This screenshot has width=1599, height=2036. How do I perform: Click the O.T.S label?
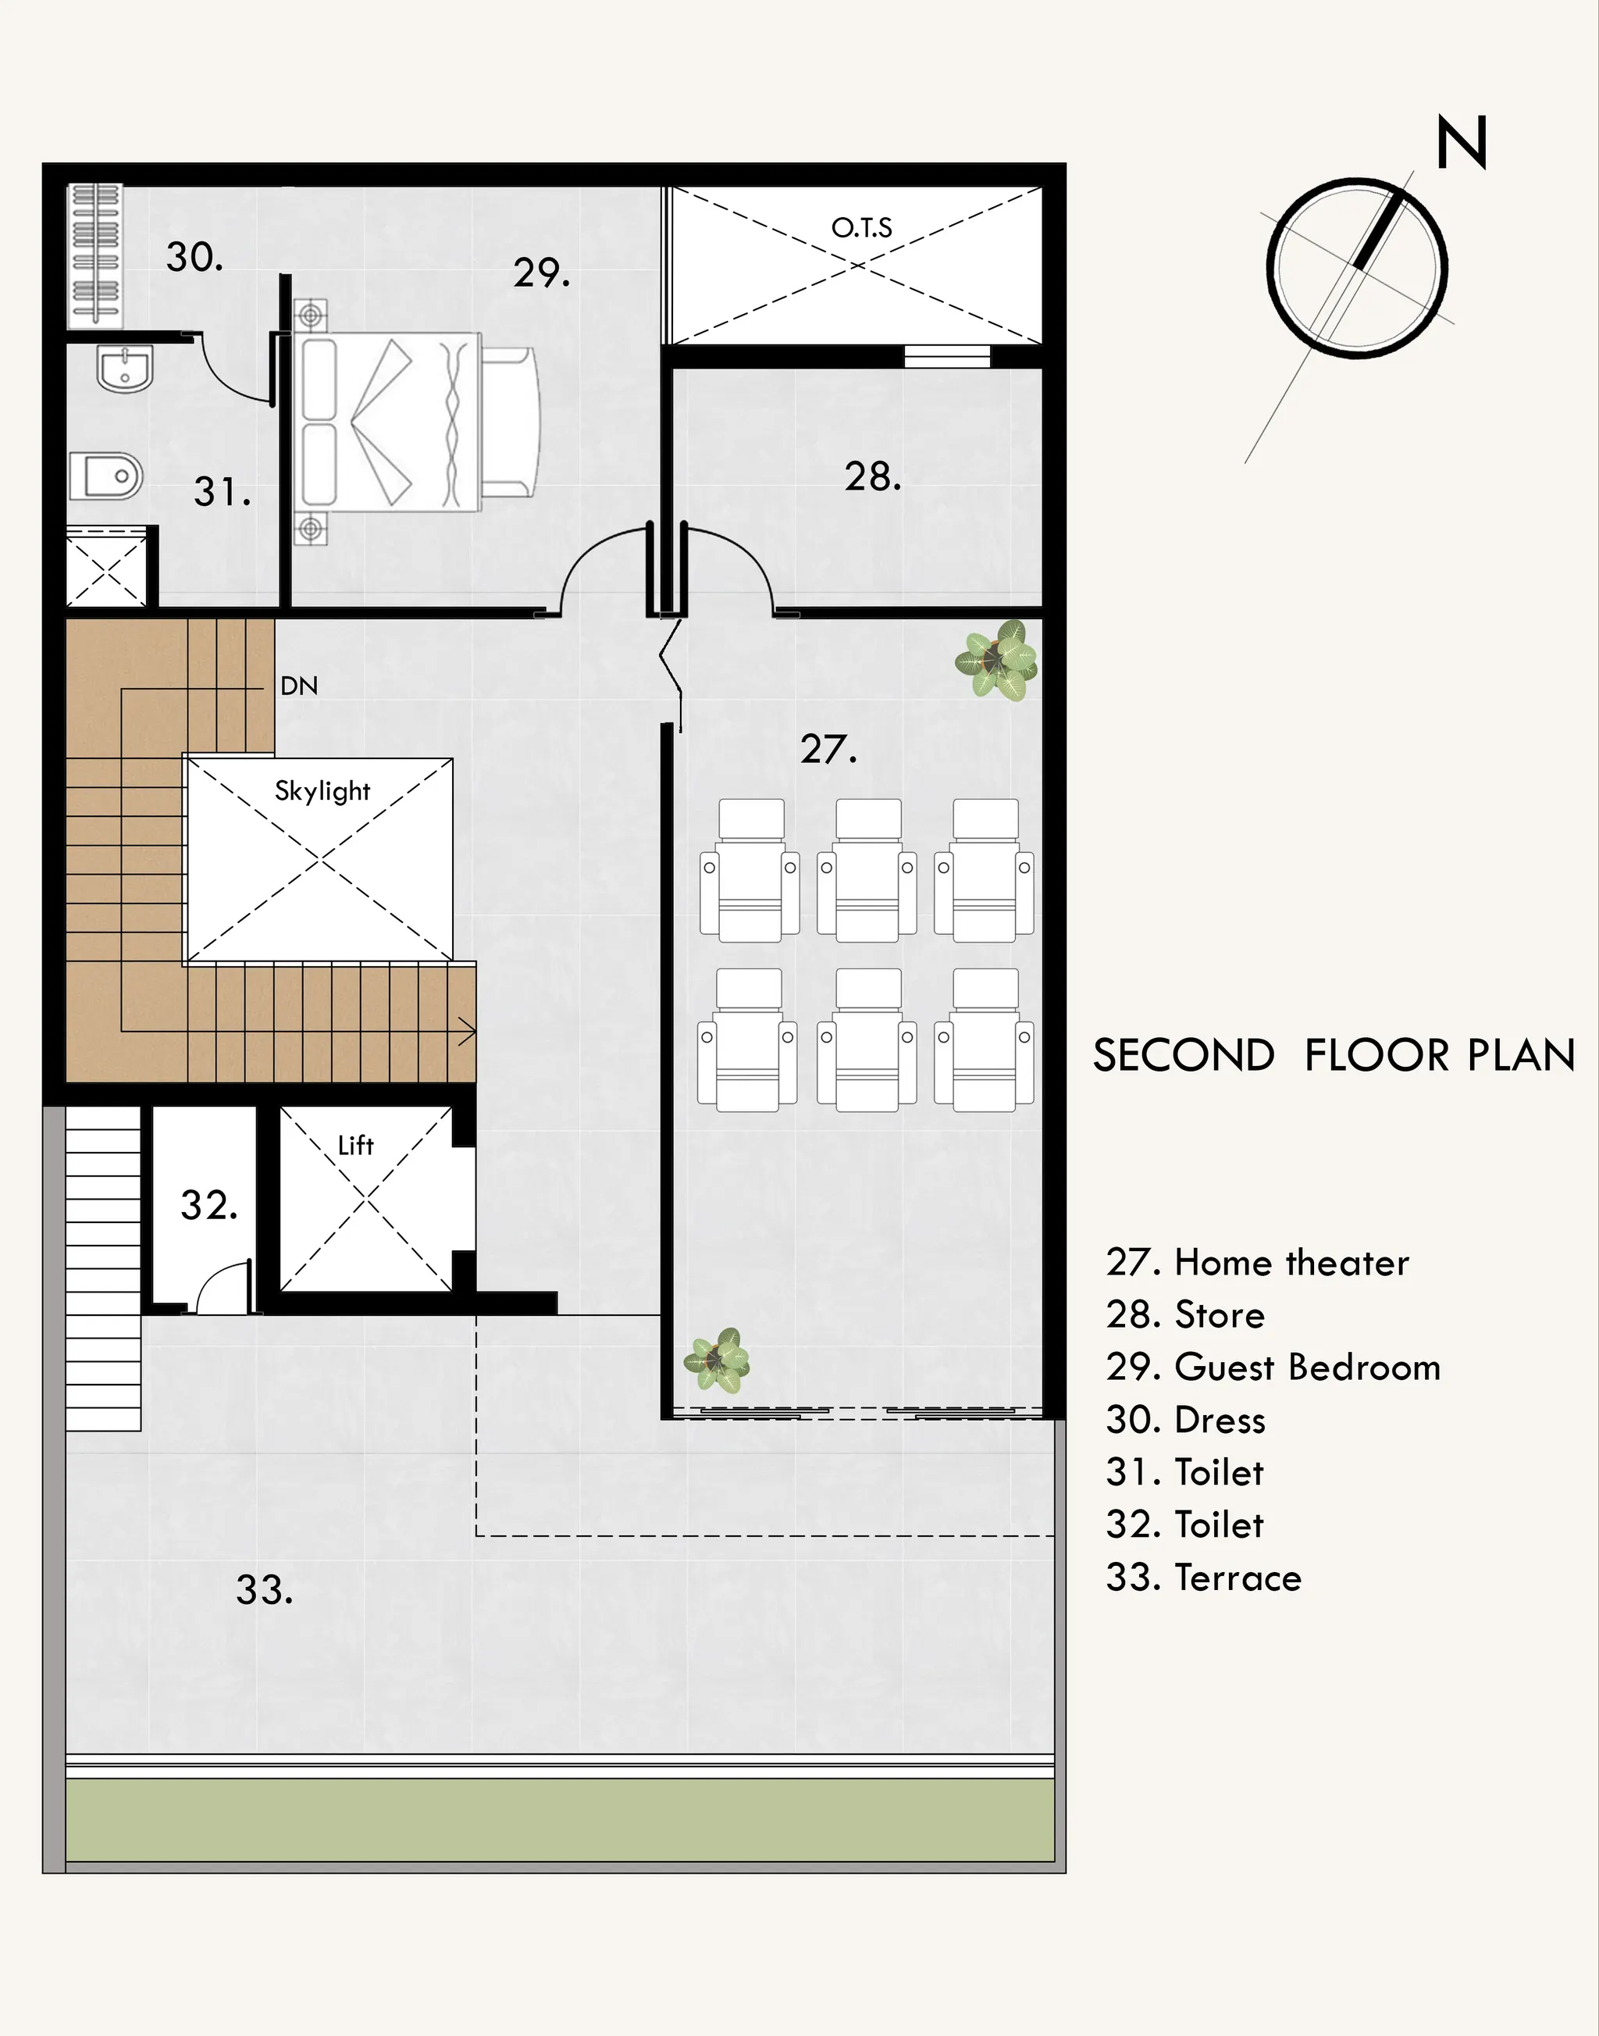(x=861, y=227)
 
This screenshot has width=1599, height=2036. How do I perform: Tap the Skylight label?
(x=322, y=791)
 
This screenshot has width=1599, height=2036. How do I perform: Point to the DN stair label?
(x=299, y=686)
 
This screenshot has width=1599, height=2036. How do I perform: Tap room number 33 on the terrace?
(x=264, y=1589)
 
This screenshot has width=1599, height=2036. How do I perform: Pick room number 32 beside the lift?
(x=208, y=1205)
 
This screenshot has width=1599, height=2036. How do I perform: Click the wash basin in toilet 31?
(x=124, y=368)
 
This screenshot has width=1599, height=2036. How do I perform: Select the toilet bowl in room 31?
(x=105, y=476)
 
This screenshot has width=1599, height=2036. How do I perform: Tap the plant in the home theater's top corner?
(x=996, y=660)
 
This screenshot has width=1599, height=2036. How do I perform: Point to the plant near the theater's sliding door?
(x=717, y=1360)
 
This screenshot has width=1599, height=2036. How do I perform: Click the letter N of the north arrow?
(x=1462, y=142)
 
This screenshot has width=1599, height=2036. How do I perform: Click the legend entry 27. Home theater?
(x=1257, y=1262)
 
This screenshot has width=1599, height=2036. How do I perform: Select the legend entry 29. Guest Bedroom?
(x=1273, y=1367)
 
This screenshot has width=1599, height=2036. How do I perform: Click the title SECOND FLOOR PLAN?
(x=1335, y=1055)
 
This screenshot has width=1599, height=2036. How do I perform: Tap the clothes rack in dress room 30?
(x=94, y=255)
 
